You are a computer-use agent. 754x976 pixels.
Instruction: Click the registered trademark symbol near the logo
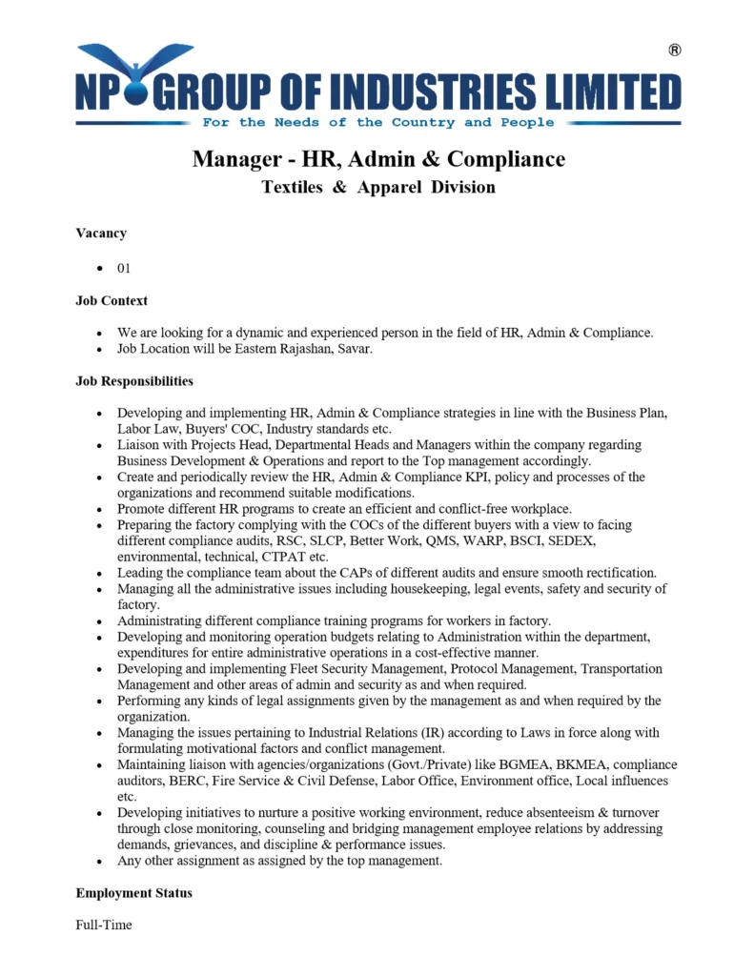click(675, 51)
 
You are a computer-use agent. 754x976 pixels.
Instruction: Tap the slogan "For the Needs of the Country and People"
click(377, 123)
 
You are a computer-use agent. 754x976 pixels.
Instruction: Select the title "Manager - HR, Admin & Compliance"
click(378, 158)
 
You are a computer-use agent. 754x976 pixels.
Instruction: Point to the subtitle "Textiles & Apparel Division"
click(378, 188)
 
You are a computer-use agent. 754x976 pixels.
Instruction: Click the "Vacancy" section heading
click(101, 233)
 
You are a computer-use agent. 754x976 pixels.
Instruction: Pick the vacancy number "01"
click(124, 268)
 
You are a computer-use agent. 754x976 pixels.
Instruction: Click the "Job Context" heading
click(112, 300)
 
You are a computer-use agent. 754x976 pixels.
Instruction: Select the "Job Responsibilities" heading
click(134, 381)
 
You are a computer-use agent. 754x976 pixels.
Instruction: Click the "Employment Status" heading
click(133, 893)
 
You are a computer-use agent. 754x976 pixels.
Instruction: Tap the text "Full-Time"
click(104, 925)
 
